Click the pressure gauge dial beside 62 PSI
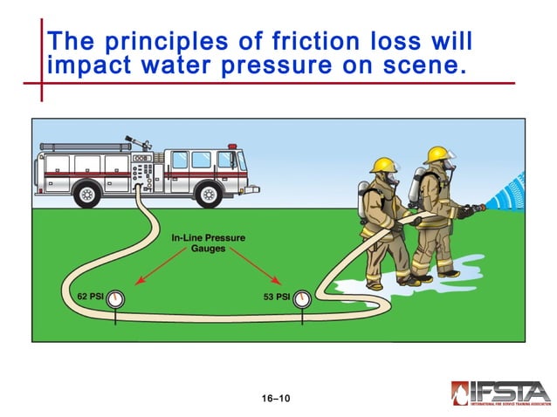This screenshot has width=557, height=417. point(116,297)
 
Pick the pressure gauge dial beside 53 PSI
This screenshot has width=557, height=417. point(302,298)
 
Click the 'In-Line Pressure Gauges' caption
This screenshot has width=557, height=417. point(207,243)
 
